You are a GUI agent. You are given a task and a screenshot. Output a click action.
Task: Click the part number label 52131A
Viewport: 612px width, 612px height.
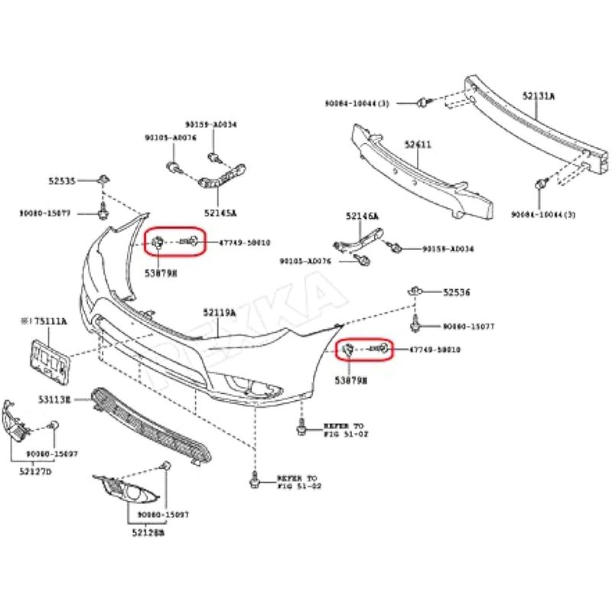click(539, 96)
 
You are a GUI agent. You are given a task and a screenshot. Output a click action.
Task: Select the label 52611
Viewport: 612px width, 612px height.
click(418, 144)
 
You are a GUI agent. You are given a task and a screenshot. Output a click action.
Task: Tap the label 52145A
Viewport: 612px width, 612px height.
click(220, 213)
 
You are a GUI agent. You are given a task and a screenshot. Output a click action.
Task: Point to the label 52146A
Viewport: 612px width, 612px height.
click(362, 216)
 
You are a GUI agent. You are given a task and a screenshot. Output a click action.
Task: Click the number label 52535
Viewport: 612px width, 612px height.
click(62, 181)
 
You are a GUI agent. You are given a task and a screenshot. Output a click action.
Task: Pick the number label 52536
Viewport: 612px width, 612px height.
click(457, 292)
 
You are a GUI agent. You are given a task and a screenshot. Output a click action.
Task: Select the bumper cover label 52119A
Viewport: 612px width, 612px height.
click(220, 312)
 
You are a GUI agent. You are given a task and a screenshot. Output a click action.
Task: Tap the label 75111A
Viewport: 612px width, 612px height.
click(45, 322)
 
